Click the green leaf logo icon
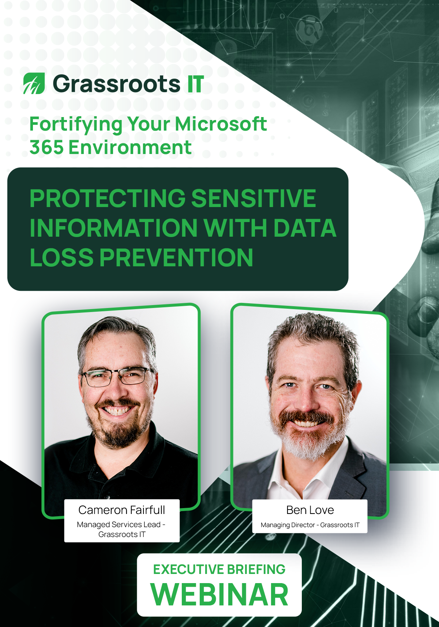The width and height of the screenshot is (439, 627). pos(34,83)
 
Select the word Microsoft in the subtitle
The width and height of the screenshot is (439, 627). pos(221,124)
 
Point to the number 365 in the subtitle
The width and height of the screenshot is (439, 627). pos(46,147)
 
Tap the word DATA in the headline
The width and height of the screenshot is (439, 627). pos(304,228)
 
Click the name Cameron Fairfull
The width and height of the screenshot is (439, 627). pos(122,510)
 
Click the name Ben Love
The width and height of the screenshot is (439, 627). pos(310,510)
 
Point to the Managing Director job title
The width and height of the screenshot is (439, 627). pos(288,525)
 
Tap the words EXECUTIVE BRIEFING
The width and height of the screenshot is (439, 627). pos(219,570)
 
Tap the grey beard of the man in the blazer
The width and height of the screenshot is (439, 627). pos(311,443)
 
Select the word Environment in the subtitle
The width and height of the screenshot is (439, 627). pos(130,147)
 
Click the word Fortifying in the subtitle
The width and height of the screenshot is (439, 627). pos(75,124)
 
